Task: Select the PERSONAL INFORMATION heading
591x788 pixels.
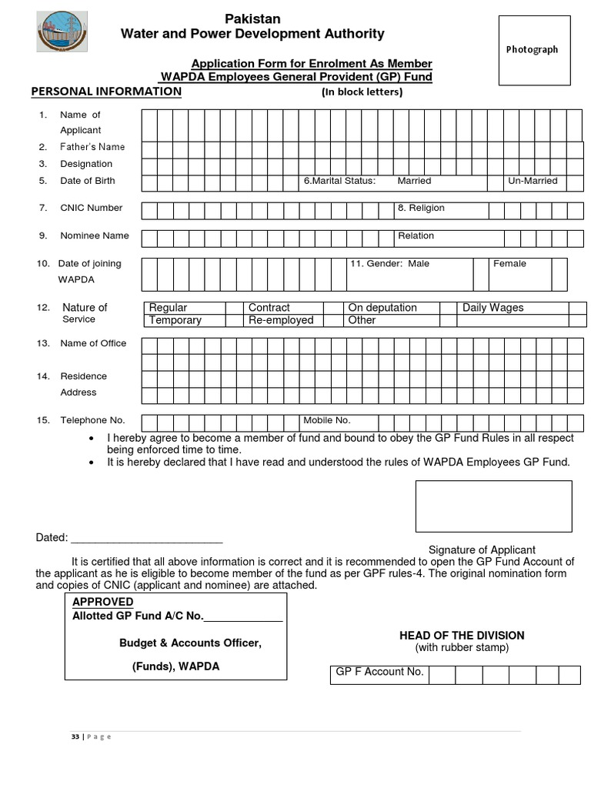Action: coord(106,92)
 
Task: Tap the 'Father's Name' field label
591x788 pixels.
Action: coord(92,147)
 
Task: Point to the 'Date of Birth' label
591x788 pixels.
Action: coord(88,181)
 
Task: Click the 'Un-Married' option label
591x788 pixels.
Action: coord(533,181)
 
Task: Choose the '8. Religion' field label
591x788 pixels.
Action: coord(421,209)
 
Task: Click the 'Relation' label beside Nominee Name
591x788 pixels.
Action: coord(416,236)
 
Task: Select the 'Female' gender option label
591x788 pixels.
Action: coord(509,264)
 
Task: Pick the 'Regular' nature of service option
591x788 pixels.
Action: coord(169,308)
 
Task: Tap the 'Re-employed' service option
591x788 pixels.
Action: coord(281,320)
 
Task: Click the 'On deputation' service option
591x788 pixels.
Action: coord(382,308)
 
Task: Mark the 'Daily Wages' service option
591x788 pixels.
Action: coord(492,308)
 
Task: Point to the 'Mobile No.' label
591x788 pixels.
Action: coord(327,420)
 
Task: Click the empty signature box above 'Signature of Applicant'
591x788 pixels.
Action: coord(493,506)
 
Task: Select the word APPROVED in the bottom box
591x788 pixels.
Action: coord(103,602)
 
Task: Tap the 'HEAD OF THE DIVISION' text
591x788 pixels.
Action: coord(462,636)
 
